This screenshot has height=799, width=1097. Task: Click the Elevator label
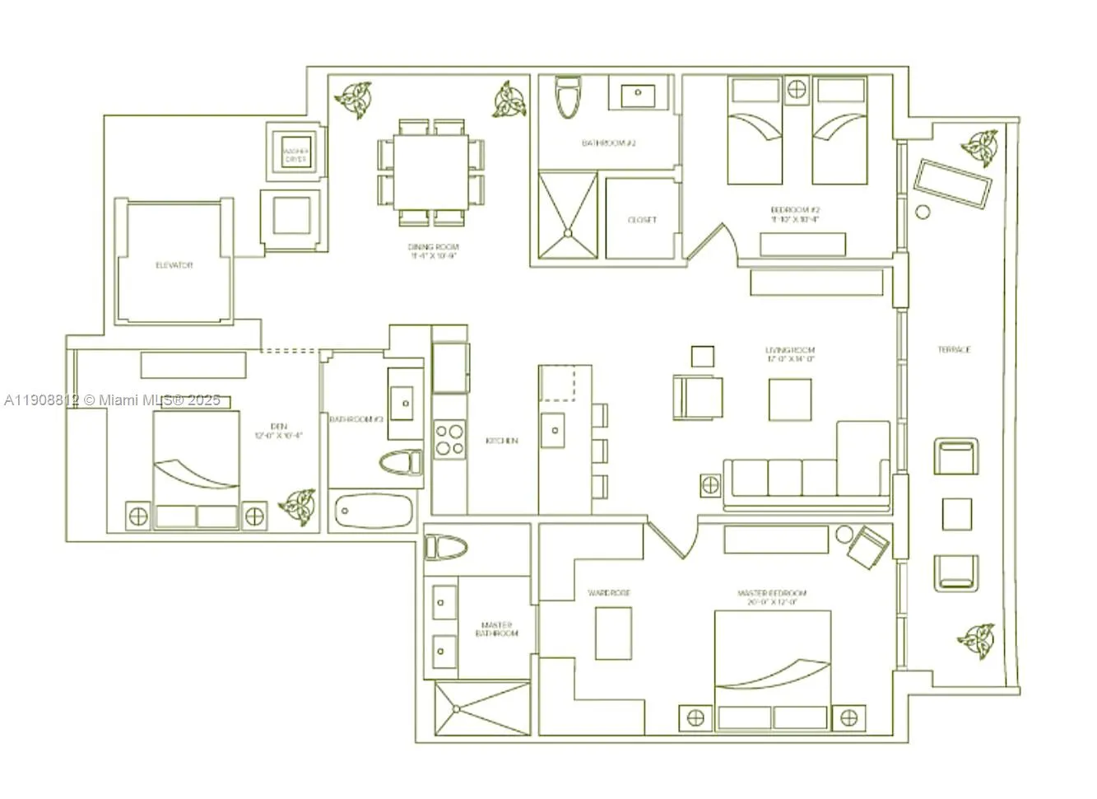[174, 265]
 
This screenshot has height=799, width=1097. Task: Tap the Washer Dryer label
[295, 155]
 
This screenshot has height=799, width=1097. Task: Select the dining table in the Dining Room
[430, 172]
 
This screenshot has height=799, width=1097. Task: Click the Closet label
[642, 220]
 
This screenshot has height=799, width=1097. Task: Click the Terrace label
[954, 349]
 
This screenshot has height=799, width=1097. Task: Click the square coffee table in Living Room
[790, 399]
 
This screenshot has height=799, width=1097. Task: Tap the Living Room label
[790, 354]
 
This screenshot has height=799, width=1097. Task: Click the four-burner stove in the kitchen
[449, 438]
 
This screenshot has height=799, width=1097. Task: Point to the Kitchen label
[502, 441]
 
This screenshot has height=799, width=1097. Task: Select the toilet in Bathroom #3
[401, 462]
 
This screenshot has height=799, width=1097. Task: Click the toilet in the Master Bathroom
[445, 547]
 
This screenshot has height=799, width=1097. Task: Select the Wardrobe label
[609, 592]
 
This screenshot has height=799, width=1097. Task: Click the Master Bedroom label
[772, 597]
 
